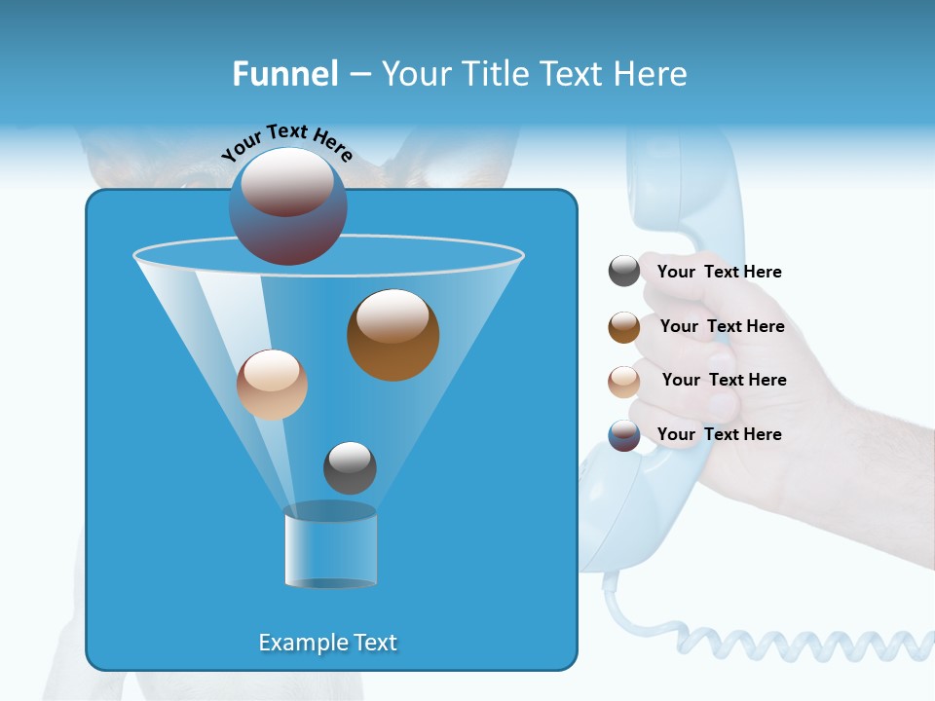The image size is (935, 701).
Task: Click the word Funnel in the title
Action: [x=284, y=74]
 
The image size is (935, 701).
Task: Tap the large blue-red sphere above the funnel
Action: [x=287, y=206]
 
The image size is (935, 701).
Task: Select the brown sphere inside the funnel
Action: [x=393, y=335]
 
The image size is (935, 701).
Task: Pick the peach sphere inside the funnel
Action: [x=272, y=385]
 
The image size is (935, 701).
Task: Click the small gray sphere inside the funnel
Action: [x=350, y=467]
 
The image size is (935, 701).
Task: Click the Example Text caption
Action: [x=328, y=643]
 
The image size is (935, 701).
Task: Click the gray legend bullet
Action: [x=624, y=271]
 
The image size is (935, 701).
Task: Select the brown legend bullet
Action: [x=624, y=326]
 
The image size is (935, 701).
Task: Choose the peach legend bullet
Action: [x=624, y=381]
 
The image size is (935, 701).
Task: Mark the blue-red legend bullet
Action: [x=624, y=435]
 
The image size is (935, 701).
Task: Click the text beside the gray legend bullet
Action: [x=719, y=272]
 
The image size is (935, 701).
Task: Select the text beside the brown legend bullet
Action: [x=722, y=326]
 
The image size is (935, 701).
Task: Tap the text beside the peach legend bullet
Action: [x=724, y=380]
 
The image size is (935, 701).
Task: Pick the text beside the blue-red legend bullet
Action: [x=719, y=434]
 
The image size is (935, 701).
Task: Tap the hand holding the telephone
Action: [x=779, y=409]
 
